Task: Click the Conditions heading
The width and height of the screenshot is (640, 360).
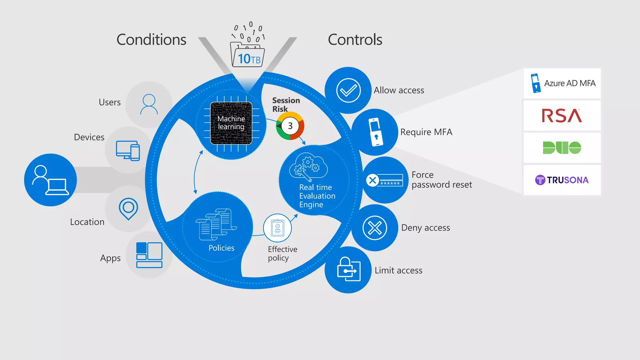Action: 151,40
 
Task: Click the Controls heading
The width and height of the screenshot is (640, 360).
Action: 355,40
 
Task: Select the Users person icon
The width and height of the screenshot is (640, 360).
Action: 149,104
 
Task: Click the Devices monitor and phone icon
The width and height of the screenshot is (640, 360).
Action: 128,150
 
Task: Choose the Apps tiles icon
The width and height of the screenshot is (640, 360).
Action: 149,255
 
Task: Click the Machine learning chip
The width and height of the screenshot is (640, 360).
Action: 231,123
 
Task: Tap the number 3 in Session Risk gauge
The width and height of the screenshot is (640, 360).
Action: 290,126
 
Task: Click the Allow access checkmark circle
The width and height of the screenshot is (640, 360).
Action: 348,90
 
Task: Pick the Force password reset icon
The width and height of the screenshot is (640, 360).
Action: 385,180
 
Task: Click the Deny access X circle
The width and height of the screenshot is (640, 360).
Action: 375,227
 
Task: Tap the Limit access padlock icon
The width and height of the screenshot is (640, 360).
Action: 348,269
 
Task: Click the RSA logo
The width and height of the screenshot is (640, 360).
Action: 562,116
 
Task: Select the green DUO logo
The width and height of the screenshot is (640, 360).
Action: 562,147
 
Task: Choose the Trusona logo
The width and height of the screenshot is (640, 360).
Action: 562,180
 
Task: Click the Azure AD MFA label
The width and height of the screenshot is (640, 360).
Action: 569,83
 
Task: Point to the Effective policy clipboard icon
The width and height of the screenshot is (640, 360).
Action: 277,228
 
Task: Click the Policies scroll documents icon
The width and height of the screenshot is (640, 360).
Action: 217,224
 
